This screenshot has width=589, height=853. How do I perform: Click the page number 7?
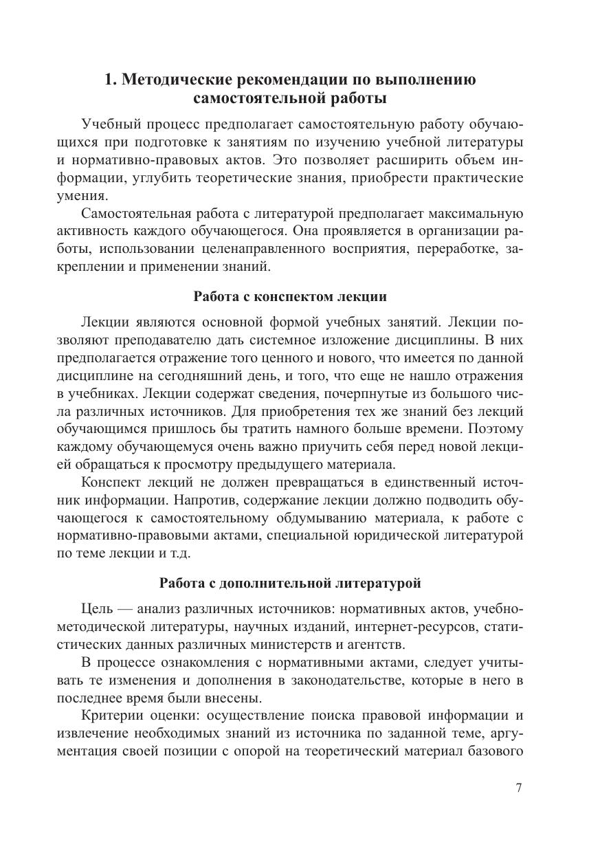click(519, 788)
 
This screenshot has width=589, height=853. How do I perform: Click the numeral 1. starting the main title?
click(111, 80)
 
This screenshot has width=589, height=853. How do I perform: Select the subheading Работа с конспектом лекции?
click(290, 297)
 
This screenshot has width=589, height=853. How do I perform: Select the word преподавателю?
click(169, 340)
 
